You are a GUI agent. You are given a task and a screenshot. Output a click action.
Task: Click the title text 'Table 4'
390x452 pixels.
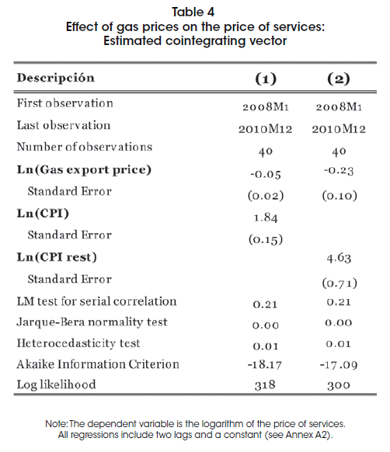point(193,12)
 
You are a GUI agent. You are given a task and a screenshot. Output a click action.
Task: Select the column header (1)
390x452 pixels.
point(266,78)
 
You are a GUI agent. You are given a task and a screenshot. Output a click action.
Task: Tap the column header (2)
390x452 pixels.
point(339,78)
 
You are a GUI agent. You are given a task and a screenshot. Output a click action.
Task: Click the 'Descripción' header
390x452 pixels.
point(56,78)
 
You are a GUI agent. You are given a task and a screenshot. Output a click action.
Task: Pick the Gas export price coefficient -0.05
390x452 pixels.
point(266,174)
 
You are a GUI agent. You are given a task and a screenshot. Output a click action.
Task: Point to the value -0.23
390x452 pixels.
point(339,170)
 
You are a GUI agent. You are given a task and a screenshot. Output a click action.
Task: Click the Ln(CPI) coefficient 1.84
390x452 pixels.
point(266,217)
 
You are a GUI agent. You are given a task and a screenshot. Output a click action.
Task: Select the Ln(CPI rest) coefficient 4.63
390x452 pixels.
point(339,258)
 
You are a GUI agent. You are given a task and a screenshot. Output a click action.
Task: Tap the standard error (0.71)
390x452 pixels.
point(340,283)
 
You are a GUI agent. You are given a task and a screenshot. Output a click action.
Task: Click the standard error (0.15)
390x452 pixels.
point(266,239)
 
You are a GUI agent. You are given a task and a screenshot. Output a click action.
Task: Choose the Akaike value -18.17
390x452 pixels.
point(265,365)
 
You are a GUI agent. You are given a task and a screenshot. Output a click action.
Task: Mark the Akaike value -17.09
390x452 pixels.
point(339,365)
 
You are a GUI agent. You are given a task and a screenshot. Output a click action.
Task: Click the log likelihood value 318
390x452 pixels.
point(265,385)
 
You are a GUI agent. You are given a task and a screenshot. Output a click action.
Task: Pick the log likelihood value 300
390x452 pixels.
point(339,385)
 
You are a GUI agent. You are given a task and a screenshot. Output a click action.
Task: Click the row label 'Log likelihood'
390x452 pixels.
point(56,384)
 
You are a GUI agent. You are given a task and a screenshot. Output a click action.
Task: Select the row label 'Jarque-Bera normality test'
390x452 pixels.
point(92,322)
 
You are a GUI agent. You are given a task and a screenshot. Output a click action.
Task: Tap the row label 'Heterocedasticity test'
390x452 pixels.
point(78,343)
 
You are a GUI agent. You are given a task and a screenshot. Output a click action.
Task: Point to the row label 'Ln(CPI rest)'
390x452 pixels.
point(57,257)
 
